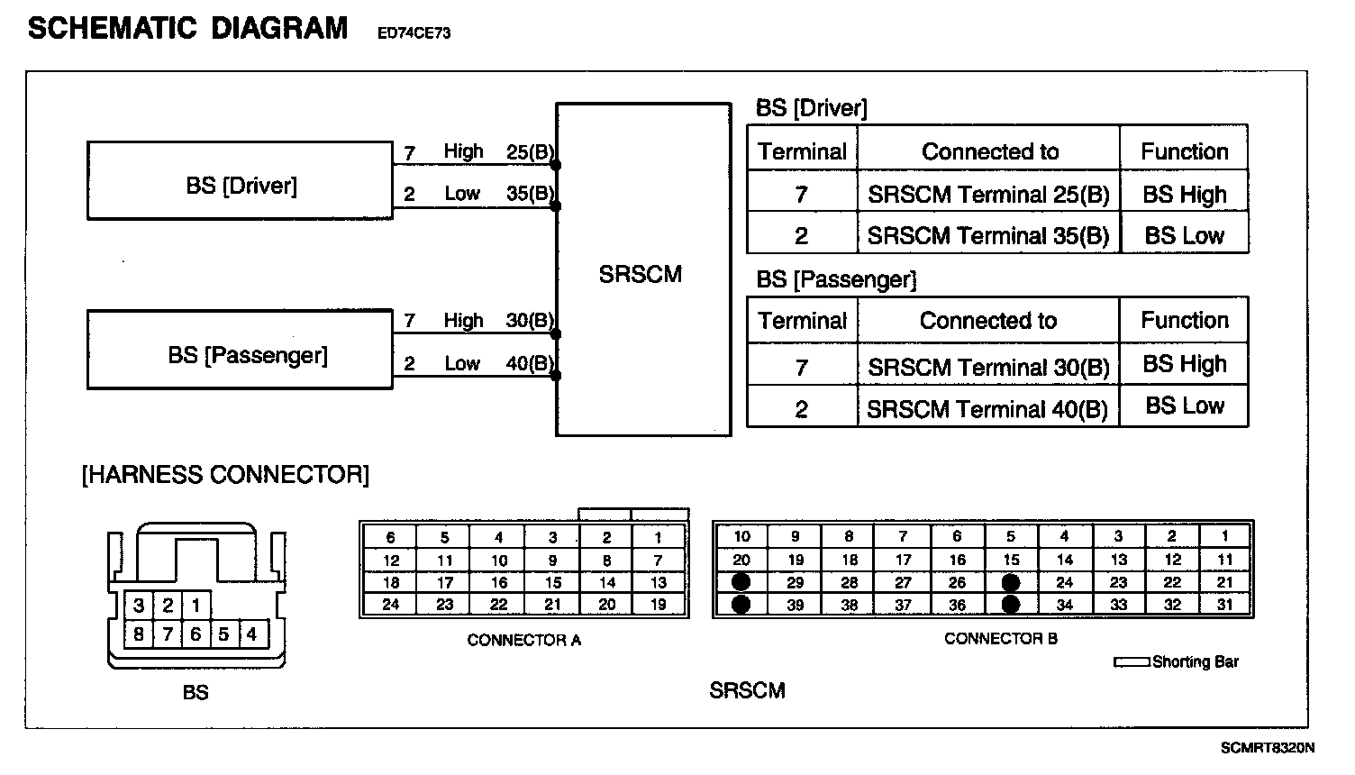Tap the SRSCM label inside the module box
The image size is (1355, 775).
point(641,274)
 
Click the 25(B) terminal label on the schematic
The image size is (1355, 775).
point(530,152)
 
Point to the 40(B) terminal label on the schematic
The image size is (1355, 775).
point(530,364)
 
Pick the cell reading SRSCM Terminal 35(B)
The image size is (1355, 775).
point(987,236)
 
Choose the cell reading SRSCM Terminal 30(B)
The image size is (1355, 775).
point(987,367)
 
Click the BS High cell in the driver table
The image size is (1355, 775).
point(1184,195)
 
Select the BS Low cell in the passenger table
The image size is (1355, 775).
point(1184,406)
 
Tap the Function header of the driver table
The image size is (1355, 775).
point(1184,151)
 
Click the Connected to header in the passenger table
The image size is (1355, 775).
point(987,321)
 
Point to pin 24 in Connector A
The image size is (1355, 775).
point(391,605)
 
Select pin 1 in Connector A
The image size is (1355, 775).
point(659,537)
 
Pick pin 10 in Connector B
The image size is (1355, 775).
point(741,536)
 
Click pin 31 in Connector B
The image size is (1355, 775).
point(1224,605)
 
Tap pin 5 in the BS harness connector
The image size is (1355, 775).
point(223,634)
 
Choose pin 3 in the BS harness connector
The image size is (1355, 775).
point(139,606)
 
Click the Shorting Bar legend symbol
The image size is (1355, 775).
point(1132,662)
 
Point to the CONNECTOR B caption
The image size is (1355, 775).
point(1000,639)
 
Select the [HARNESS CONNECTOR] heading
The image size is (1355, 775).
point(225,475)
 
